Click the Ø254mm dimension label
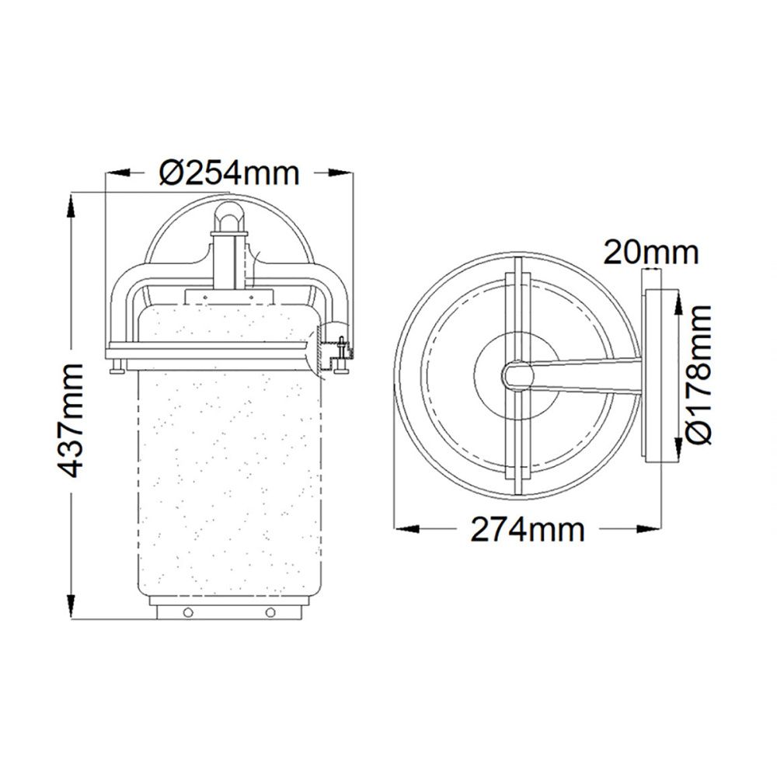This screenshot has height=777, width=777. click(229, 173)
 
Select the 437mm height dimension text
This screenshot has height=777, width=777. click(70, 420)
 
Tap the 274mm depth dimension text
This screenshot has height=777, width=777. click(528, 529)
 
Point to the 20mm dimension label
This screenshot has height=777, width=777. click(650, 253)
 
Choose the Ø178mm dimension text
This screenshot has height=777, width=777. click(699, 374)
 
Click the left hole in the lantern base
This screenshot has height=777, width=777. click(188, 612)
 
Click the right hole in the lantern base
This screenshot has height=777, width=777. click(270, 612)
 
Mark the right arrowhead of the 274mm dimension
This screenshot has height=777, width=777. click(649, 528)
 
